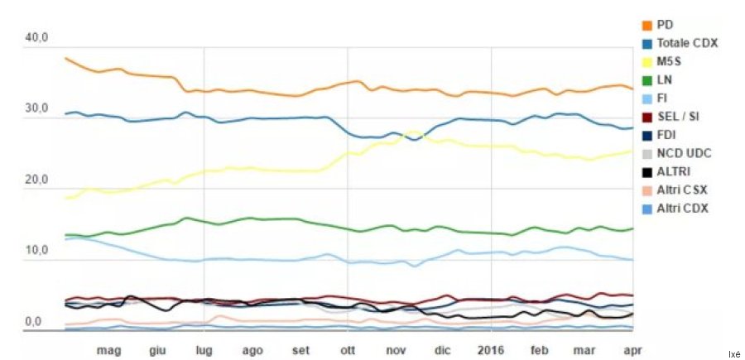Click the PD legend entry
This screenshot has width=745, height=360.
[x=664, y=25]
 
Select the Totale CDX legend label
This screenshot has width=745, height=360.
[x=687, y=43]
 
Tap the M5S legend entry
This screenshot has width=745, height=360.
[x=669, y=61]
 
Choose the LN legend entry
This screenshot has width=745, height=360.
[x=664, y=79]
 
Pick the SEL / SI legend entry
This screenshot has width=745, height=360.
[x=677, y=117]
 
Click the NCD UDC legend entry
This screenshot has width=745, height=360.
[x=684, y=153]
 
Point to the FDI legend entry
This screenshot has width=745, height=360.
[x=666, y=135]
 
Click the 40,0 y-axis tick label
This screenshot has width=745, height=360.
[x=38, y=38]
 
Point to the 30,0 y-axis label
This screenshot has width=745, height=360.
[x=38, y=109]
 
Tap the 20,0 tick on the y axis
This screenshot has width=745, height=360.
[x=38, y=180]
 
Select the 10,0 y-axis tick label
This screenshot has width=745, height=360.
[x=38, y=251]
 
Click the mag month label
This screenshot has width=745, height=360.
[x=108, y=350]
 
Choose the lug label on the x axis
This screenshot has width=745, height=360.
[x=204, y=350]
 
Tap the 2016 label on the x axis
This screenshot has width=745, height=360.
[x=491, y=350]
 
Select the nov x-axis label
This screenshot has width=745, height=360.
[x=397, y=350]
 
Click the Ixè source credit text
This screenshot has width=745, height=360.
[x=733, y=353]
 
